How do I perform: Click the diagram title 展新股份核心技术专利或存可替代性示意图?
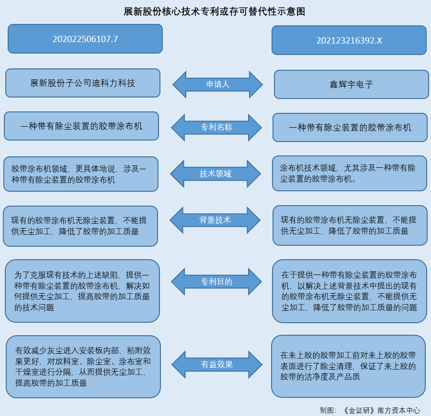(215, 11)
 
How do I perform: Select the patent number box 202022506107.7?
(85, 39)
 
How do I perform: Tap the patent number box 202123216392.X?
(349, 40)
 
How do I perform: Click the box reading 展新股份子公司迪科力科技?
(83, 83)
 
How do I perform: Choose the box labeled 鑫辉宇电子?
(352, 85)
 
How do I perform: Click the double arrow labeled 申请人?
(217, 84)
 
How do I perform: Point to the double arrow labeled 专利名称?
(216, 127)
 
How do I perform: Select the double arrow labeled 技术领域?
(215, 174)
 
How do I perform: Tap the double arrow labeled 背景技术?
(215, 220)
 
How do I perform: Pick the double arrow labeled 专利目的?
(216, 282)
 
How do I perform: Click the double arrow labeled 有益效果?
(217, 364)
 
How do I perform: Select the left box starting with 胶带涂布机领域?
(81, 174)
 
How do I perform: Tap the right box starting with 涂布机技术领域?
(350, 173)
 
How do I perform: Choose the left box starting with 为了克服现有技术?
(82, 291)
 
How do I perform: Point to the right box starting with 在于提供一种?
(350, 291)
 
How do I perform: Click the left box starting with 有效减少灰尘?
(83, 366)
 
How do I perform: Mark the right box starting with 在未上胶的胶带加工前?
(348, 366)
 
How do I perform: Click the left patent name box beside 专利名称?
(81, 126)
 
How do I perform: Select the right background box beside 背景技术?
(350, 225)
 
